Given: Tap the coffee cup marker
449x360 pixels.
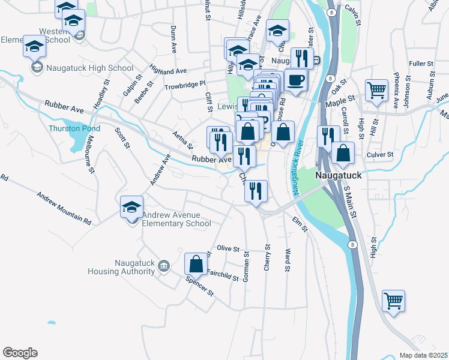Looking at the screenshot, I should pos(295,80).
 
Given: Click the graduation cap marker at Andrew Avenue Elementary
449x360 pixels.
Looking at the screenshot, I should pos(132,208).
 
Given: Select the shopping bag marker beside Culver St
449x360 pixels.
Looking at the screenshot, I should pos(342,154).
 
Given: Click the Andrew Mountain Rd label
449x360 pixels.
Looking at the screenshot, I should pos(64,208).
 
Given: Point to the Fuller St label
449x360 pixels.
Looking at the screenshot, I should pos(421,64).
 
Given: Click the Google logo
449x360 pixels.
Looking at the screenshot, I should pos(20,352).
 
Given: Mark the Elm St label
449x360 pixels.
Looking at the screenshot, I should pos(300,224).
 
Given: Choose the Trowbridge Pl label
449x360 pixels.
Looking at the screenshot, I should pos(185,84).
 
